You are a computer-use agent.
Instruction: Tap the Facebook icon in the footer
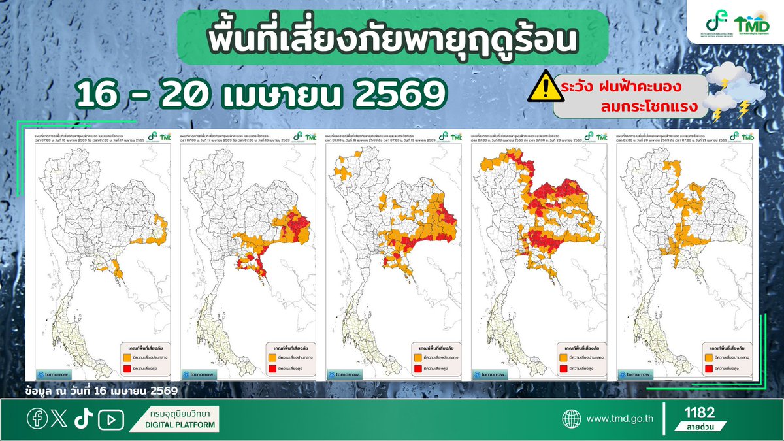click(37, 418)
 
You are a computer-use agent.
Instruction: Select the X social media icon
click(59, 418)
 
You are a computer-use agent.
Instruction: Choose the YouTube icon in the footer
click(110, 419)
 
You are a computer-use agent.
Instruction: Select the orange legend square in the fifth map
click(708, 357)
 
